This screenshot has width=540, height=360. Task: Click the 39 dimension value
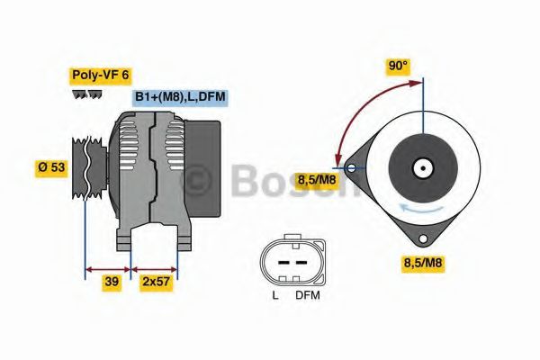(112, 281)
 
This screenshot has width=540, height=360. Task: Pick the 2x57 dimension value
(156, 281)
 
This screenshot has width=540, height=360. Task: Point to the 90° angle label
(397, 66)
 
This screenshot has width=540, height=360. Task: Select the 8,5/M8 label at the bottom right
(422, 264)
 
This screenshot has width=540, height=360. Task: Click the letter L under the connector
(274, 294)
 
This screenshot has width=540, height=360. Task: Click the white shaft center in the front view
(421, 167)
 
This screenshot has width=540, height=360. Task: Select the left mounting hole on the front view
(351, 166)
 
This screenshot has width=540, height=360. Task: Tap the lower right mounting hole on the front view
(421, 238)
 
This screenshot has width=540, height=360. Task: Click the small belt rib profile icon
(86, 94)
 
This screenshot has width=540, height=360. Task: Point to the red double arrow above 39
(108, 267)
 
